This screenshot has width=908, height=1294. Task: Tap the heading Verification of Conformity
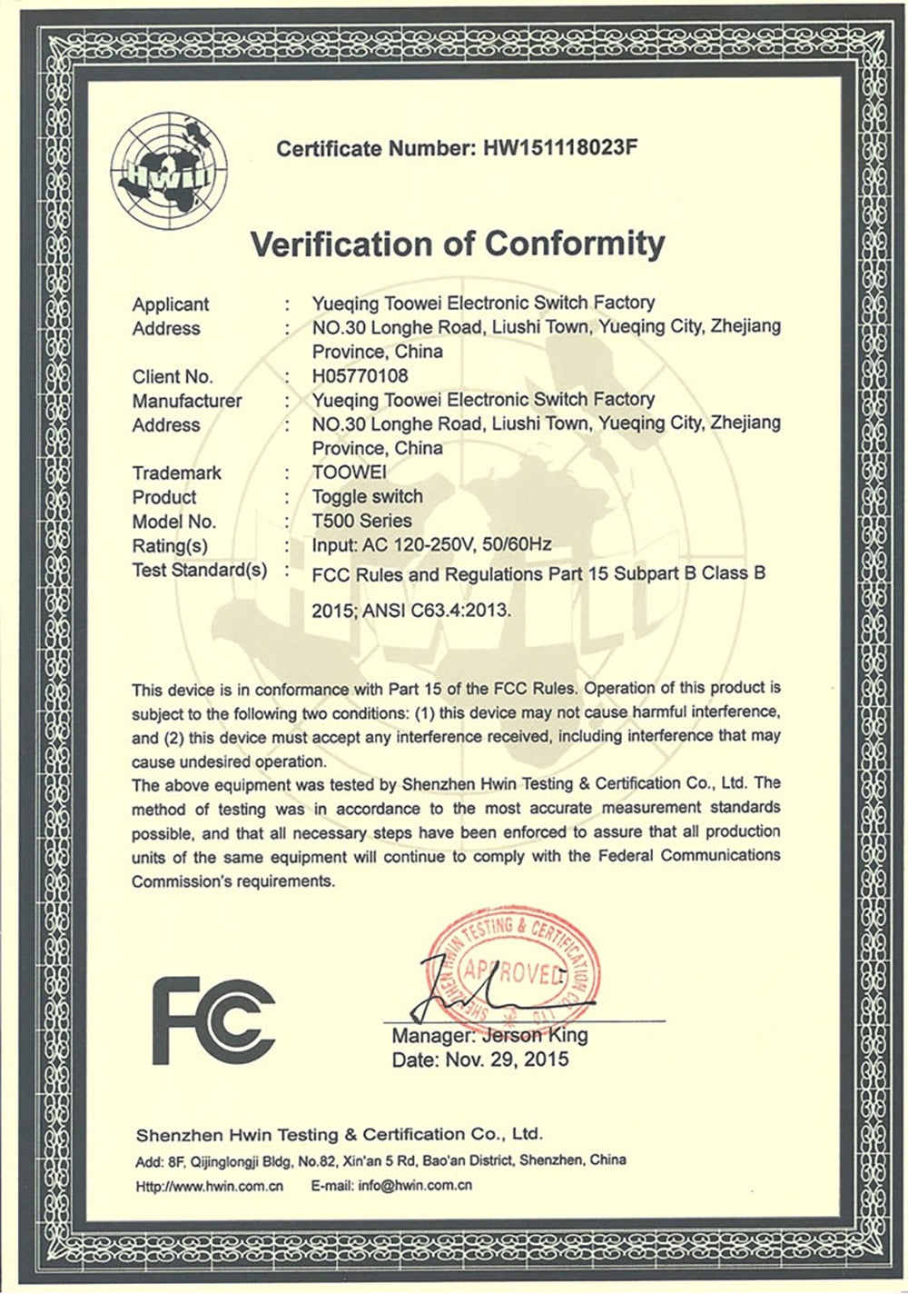pyautogui.click(x=458, y=244)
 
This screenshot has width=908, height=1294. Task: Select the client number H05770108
pyautogui.click(x=360, y=376)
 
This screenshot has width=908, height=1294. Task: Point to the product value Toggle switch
pyautogui.click(x=367, y=497)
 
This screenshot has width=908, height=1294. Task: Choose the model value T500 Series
pyautogui.click(x=361, y=522)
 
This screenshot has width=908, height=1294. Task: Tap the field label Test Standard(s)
pyautogui.click(x=200, y=571)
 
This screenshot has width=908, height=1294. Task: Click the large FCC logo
pyautogui.click(x=213, y=1021)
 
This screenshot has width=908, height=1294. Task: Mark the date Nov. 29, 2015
pyautogui.click(x=506, y=1060)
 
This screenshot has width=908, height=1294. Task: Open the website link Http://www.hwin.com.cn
pyautogui.click(x=210, y=1186)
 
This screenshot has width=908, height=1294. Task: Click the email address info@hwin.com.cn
pyautogui.click(x=415, y=1186)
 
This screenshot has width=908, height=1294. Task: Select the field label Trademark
pyautogui.click(x=176, y=473)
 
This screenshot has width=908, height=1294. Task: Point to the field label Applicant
pyautogui.click(x=170, y=304)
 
